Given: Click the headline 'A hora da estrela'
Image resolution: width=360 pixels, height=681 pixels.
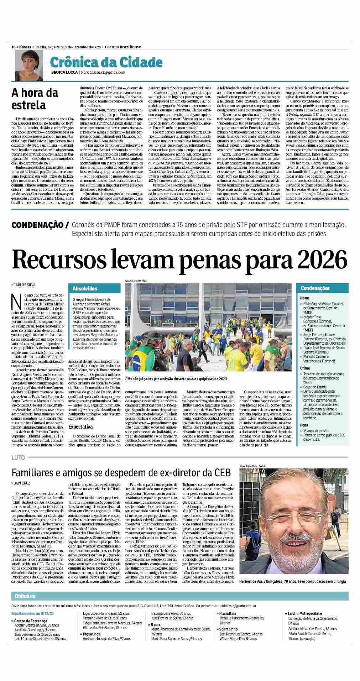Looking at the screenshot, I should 35,99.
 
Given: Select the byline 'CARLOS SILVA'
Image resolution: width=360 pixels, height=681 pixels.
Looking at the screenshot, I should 24,284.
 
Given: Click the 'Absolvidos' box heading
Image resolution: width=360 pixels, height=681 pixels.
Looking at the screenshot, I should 84,288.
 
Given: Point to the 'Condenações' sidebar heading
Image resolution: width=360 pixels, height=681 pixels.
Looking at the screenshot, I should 315,288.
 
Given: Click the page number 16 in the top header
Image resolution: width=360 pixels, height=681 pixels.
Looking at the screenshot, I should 13,47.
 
